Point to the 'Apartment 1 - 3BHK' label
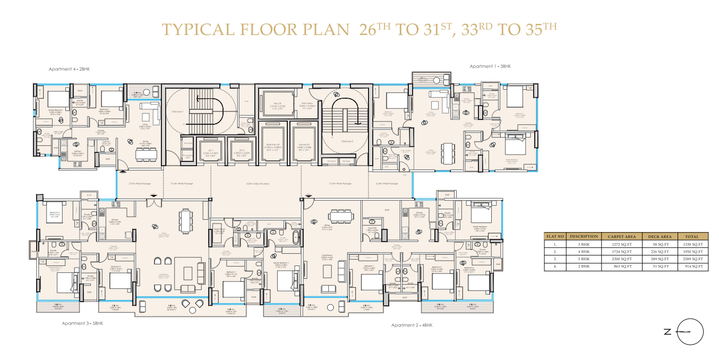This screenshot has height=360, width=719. (490, 66)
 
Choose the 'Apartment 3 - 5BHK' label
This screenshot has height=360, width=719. (82, 323)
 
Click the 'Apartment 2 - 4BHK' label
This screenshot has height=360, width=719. (412, 324)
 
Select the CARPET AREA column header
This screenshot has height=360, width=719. (622, 236)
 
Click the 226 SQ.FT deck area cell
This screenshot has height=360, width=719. (660, 251)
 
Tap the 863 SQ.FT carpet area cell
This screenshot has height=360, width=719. (622, 266)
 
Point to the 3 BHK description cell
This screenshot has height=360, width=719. (583, 244)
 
